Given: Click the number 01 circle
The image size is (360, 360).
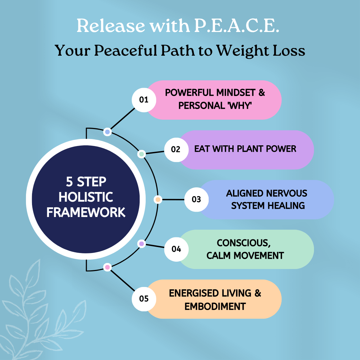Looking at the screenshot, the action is click(x=144, y=100).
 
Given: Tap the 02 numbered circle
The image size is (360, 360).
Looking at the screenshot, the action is click(x=176, y=150).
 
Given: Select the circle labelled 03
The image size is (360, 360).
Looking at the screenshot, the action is click(x=197, y=200).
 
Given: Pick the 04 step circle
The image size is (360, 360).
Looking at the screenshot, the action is click(x=176, y=249).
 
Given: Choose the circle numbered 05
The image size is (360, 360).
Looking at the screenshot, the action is click(x=144, y=299).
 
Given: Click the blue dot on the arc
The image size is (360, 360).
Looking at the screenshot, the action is click(x=107, y=132).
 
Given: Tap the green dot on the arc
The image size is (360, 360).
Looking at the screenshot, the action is click(x=142, y=154).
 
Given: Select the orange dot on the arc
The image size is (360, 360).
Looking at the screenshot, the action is click(x=158, y=200).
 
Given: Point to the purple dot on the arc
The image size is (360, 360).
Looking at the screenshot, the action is click(x=142, y=244).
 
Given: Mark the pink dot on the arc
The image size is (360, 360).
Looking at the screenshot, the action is click(x=107, y=267).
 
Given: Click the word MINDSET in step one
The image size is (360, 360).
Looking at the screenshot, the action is click(x=236, y=93).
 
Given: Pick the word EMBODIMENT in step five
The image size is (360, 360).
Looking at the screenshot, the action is click(x=215, y=307).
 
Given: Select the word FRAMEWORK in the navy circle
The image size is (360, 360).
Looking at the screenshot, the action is click(x=86, y=212).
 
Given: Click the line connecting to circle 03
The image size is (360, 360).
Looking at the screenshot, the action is click(x=173, y=200).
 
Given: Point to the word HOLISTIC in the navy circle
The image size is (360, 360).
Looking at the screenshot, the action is click(x=86, y=197).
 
